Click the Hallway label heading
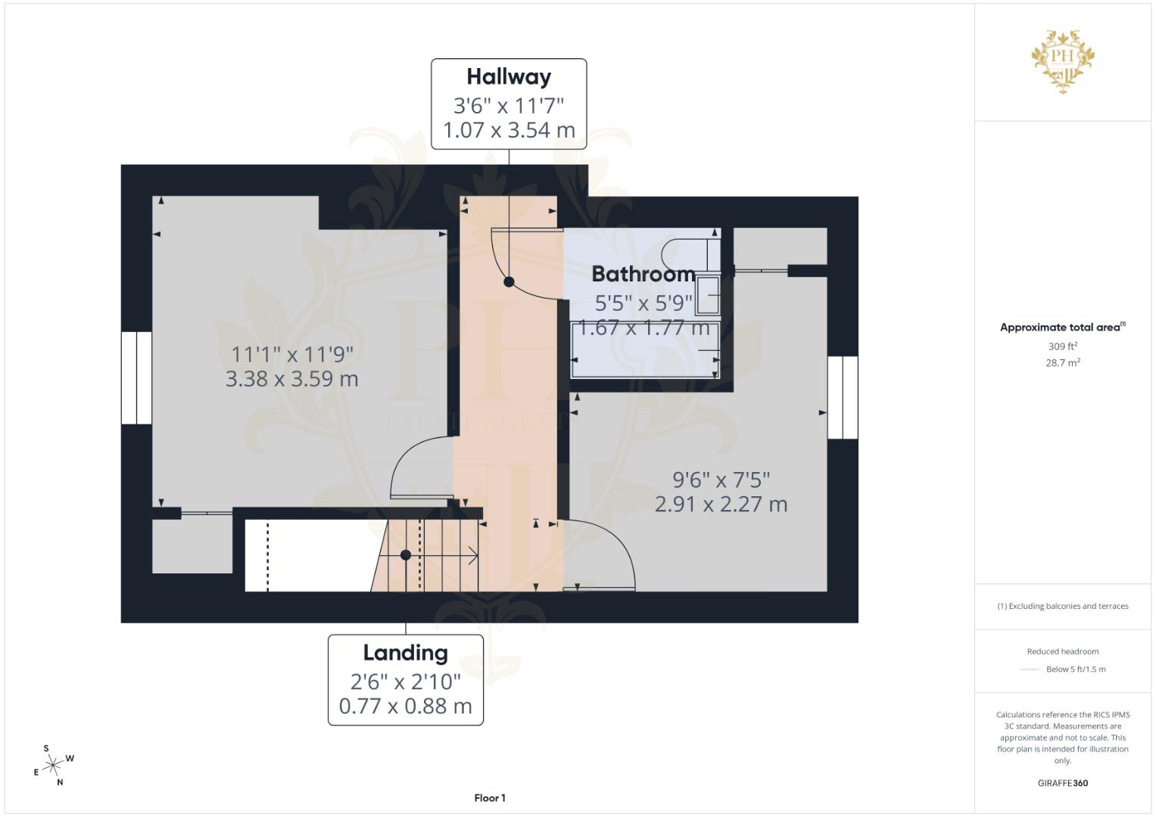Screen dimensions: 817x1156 click(508, 77)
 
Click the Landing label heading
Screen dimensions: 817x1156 click(405, 653)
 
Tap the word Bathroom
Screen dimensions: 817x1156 click(643, 274)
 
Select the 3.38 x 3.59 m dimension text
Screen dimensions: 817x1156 click(291, 378)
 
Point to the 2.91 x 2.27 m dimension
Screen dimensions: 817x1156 click(721, 504)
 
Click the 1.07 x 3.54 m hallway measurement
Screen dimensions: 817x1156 click(509, 130)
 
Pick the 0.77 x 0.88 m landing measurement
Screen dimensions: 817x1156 click(405, 706)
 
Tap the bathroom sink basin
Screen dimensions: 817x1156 click(709, 295)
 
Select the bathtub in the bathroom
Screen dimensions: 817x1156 click(644, 350)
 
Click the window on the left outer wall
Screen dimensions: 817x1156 click(136, 377)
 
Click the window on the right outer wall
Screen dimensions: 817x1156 click(842, 397)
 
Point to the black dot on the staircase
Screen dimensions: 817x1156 click(406, 555)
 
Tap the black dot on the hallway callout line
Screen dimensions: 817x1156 click(509, 282)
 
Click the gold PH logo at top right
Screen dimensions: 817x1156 click(1063, 61)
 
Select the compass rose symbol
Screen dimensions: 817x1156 click(53, 766)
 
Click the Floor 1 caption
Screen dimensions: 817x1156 click(490, 798)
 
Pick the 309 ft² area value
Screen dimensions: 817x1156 click(1063, 346)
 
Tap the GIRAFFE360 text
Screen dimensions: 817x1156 click(1063, 783)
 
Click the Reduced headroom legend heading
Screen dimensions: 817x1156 click(1063, 651)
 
